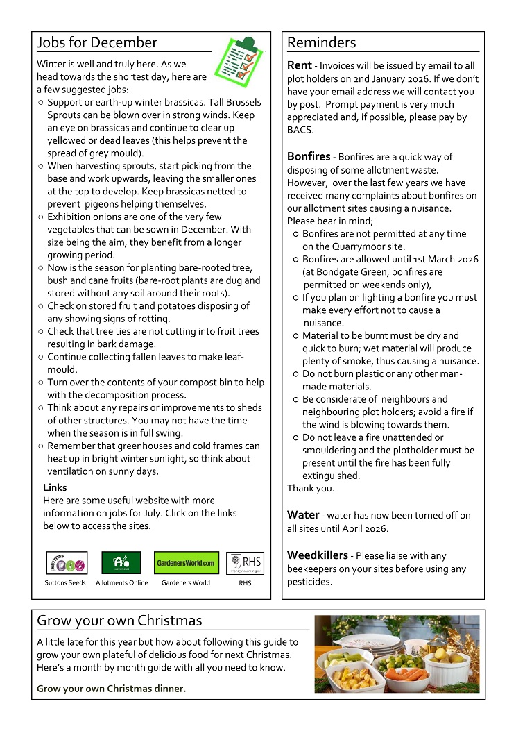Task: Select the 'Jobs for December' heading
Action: pyautogui.click(x=97, y=42)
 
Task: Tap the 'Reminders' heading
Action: pyautogui.click(x=321, y=42)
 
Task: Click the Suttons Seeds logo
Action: pyautogui.click(x=67, y=562)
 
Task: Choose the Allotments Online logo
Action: pyautogui.click(x=121, y=562)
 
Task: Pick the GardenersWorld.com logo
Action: pyautogui.click(x=185, y=562)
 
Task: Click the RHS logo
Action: pyautogui.click(x=245, y=562)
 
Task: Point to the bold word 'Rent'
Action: pyautogui.click(x=300, y=65)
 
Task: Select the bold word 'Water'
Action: pyautogui.click(x=302, y=515)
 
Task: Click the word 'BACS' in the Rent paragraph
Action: pyautogui.click(x=300, y=130)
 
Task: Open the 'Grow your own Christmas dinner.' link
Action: pyautogui.click(x=111, y=689)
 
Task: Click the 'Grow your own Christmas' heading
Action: pyautogui.click(x=119, y=620)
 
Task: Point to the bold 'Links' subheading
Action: pyautogui.click(x=55, y=487)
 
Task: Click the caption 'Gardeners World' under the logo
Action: pyautogui.click(x=185, y=582)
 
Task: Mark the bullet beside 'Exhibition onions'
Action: pyautogui.click(x=41, y=217)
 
